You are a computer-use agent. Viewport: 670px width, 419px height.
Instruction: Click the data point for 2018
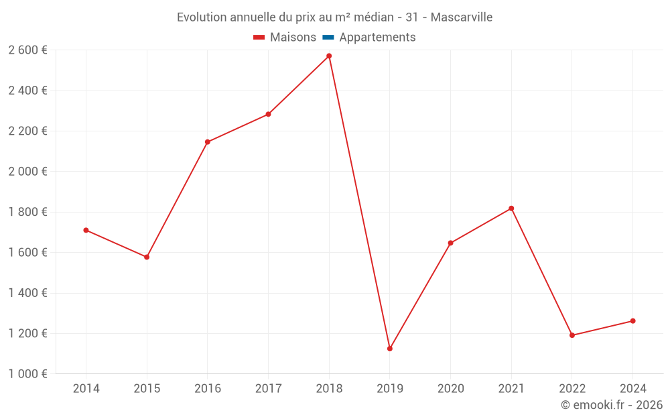pyautogui.click(x=329, y=56)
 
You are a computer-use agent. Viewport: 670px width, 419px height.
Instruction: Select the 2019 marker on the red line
pyautogui.click(x=390, y=349)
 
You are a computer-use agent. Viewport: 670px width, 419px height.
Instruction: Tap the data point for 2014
pyautogui.click(x=86, y=230)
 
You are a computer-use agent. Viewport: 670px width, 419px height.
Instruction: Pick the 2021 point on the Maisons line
pyautogui.click(x=511, y=208)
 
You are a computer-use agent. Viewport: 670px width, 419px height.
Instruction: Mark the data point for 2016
pyautogui.click(x=208, y=142)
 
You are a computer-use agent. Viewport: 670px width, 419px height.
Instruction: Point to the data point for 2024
pyautogui.click(x=632, y=321)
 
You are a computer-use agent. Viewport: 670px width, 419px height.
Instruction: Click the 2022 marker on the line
pyautogui.click(x=572, y=335)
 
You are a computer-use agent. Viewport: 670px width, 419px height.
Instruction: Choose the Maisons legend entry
pyautogui.click(x=293, y=38)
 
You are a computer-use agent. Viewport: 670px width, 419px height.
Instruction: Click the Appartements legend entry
pyautogui.click(x=377, y=38)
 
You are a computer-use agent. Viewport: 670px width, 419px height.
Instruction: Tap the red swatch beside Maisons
pyautogui.click(x=259, y=38)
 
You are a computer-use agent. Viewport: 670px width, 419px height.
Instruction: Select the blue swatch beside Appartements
pyautogui.click(x=328, y=38)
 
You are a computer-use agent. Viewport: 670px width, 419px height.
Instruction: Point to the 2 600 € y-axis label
pyautogui.click(x=27, y=50)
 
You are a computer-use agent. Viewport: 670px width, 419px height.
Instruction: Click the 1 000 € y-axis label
pyautogui.click(x=27, y=374)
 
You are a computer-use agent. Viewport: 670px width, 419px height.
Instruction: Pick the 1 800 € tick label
pyautogui.click(x=27, y=212)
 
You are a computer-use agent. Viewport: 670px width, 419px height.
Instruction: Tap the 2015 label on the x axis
pyautogui.click(x=147, y=389)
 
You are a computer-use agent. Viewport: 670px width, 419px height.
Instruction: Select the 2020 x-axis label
pyautogui.click(x=450, y=389)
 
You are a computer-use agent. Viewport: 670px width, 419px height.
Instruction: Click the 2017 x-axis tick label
pyautogui.click(x=268, y=389)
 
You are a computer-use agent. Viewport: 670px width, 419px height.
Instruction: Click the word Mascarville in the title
pyautogui.click(x=462, y=17)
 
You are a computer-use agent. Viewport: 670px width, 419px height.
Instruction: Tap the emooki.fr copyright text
pyautogui.click(x=612, y=405)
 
